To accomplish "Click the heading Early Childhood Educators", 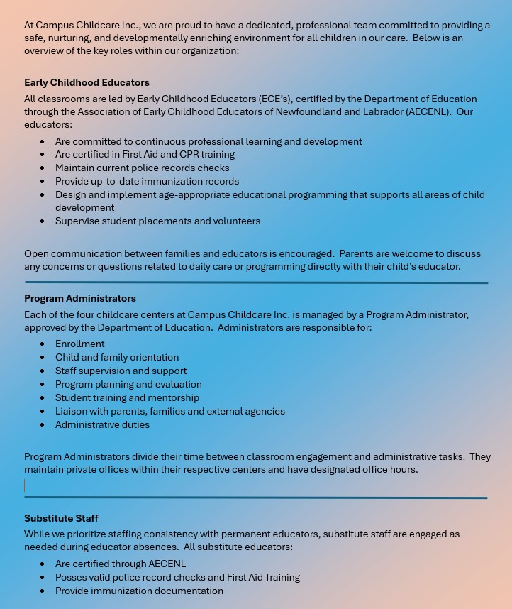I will (x=87, y=82).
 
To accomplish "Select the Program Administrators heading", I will (x=80, y=298).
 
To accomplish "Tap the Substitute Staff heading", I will (x=61, y=518).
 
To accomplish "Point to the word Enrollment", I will (x=80, y=344).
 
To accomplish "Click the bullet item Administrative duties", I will (x=102, y=424).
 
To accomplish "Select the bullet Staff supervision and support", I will (x=121, y=371).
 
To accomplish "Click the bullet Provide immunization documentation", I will (x=139, y=591).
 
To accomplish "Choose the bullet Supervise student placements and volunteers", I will (x=157, y=221).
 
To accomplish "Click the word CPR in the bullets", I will (x=189, y=154).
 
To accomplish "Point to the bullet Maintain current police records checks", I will (x=142, y=168).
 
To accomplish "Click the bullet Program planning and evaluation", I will (x=128, y=384).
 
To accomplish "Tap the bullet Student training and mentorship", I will (x=127, y=397).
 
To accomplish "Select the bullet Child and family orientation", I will (x=117, y=357).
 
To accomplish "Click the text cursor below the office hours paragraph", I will (x=25, y=485).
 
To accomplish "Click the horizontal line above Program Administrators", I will (x=255, y=282).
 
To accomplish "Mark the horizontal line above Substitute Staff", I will (x=255, y=498).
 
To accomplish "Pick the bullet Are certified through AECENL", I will (x=121, y=564).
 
